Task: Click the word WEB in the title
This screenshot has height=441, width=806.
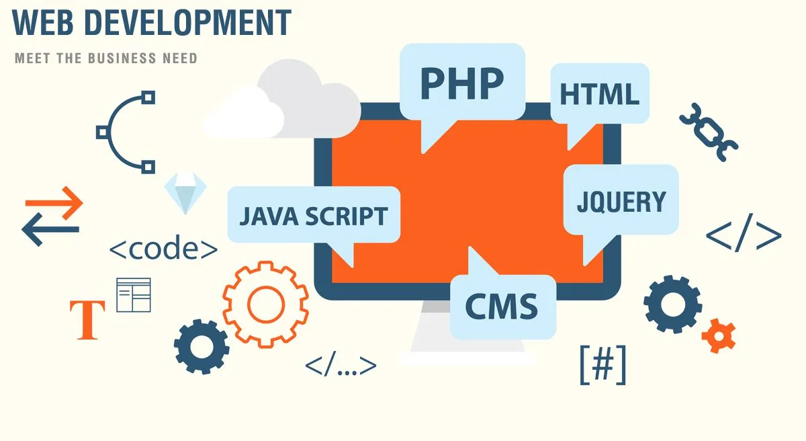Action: (43, 22)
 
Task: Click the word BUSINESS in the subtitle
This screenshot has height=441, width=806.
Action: (122, 58)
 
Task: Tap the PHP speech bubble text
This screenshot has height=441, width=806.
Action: (462, 83)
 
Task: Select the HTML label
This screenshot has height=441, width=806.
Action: (599, 94)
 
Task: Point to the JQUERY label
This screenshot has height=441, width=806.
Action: (621, 202)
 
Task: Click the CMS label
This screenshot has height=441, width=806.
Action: (502, 307)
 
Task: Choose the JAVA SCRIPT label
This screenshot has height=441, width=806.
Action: (314, 216)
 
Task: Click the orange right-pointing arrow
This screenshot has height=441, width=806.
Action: (54, 203)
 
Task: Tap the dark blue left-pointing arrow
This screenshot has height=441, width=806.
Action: (50, 229)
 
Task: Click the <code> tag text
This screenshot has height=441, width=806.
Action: (163, 249)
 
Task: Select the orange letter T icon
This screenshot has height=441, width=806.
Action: (87, 320)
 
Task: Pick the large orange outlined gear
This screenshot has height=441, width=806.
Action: (265, 305)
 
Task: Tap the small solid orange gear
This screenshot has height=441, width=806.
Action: (719, 335)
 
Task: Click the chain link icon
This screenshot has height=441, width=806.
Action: (709, 132)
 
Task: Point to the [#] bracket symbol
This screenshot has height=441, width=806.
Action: (603, 365)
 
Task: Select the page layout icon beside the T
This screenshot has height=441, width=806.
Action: (134, 295)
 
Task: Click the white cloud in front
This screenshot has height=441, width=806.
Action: (244, 114)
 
